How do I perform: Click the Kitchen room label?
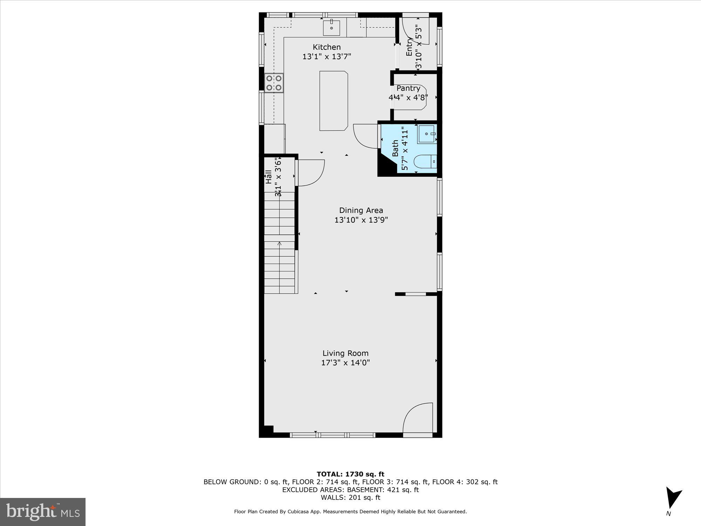click(x=327, y=47)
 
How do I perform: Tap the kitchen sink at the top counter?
click(x=331, y=28)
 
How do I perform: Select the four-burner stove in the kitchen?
click(x=274, y=83)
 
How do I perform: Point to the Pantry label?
click(x=408, y=88)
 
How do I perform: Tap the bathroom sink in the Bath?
click(x=426, y=134)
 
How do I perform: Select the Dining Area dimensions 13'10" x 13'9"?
click(x=361, y=220)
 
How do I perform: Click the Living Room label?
click(x=346, y=353)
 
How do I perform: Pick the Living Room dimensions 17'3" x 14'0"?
click(x=346, y=363)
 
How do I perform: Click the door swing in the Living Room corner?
click(x=417, y=419)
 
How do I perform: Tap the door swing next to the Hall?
click(x=311, y=173)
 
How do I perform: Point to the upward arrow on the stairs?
click(x=279, y=243)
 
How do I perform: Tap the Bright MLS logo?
click(x=43, y=512)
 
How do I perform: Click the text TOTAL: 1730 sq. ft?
click(x=350, y=474)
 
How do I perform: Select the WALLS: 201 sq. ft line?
click(x=350, y=497)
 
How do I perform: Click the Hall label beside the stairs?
click(x=268, y=177)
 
